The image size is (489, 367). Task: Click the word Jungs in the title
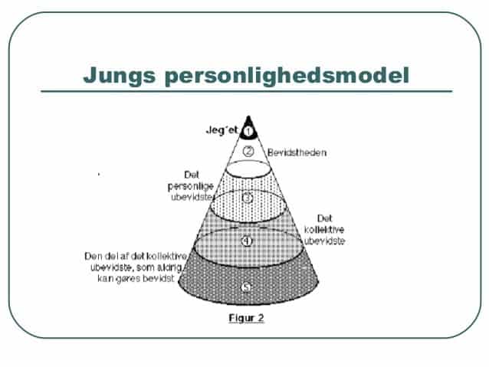click(x=120, y=75)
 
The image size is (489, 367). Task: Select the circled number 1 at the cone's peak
click(x=248, y=131)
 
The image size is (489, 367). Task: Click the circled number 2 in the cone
click(x=248, y=151)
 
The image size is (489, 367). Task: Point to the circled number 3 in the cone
click(x=247, y=197)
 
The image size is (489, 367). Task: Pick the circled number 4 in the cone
click(x=246, y=241)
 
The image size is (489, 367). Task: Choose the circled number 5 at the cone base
click(x=245, y=287)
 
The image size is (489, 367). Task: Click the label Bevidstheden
click(x=297, y=152)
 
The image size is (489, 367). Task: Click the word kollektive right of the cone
click(x=324, y=229)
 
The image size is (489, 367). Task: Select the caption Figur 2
click(x=246, y=318)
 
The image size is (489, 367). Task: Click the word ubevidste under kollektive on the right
click(x=324, y=240)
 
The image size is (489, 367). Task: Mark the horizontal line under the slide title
click(x=245, y=91)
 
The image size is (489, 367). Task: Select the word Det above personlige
click(x=192, y=174)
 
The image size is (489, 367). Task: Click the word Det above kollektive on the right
click(x=324, y=218)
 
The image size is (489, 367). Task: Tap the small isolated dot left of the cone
click(x=98, y=175)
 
